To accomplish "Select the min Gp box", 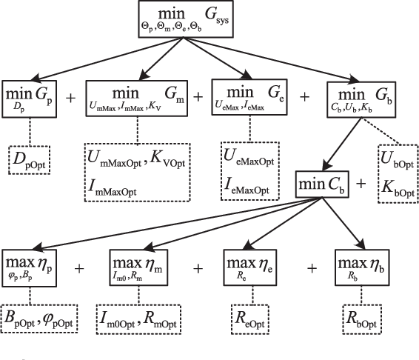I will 29,97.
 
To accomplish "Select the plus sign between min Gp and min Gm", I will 70,97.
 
